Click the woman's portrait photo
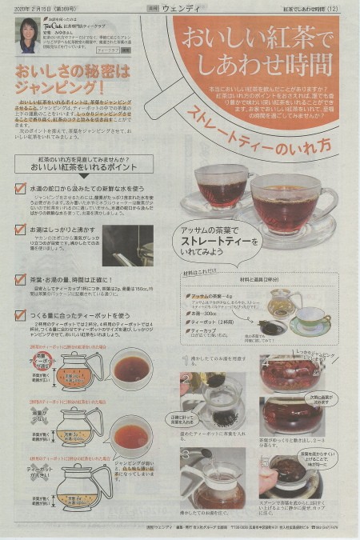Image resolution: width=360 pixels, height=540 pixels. (x=27, y=34)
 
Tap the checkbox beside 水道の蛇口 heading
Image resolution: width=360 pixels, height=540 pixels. (x=20, y=189)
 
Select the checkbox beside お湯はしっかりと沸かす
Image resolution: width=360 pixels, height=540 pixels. (x=20, y=230)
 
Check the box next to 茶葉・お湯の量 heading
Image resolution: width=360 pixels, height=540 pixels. (x=20, y=280)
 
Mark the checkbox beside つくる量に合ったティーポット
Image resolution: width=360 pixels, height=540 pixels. (x=20, y=317)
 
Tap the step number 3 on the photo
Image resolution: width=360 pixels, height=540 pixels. (x=186, y=454)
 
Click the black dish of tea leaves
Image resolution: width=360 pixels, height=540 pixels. (x=271, y=326)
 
